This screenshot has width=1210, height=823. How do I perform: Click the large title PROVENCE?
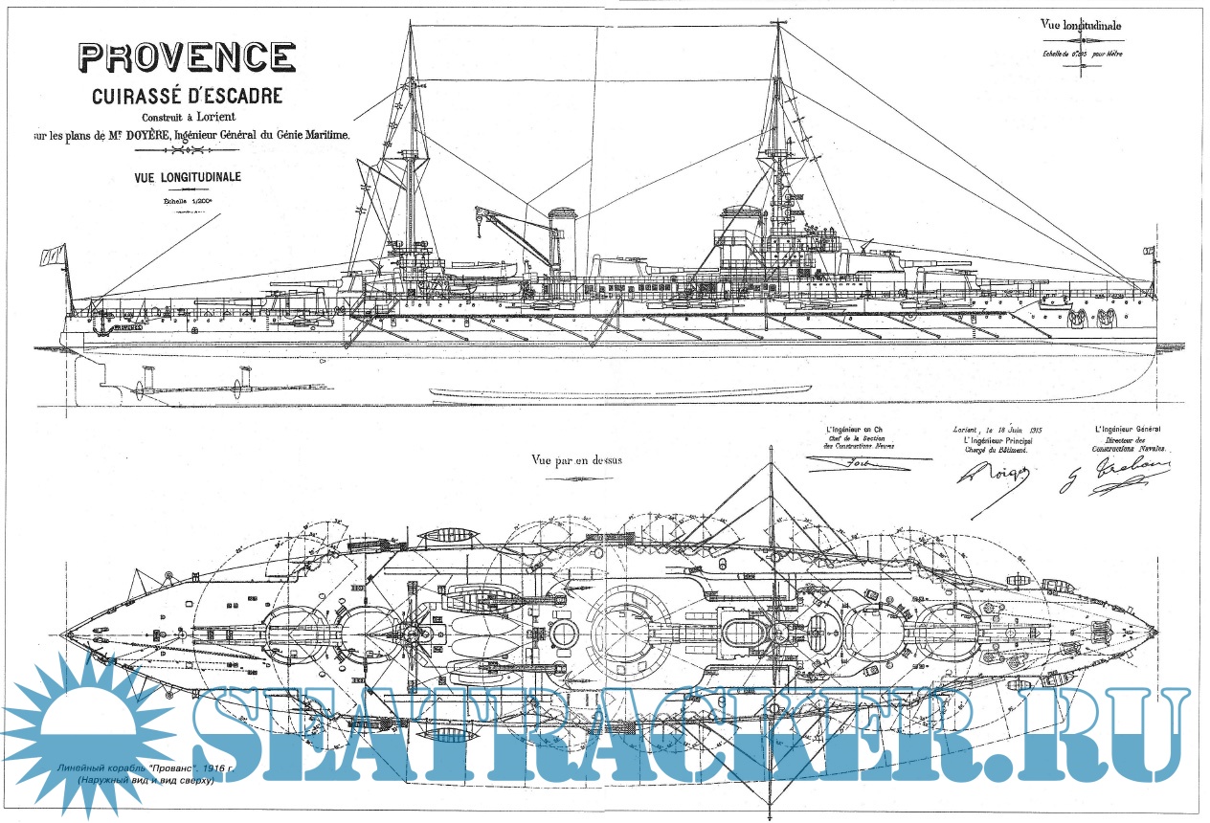tap(187, 56)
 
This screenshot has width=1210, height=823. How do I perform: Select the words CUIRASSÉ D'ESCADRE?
tap(187, 97)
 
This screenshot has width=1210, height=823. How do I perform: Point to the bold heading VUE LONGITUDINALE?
tap(176, 177)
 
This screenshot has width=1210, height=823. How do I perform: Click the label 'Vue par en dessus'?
tap(576, 459)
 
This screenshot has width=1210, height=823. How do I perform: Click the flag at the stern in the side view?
tap(52, 256)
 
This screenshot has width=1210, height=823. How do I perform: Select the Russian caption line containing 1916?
tap(138, 768)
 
